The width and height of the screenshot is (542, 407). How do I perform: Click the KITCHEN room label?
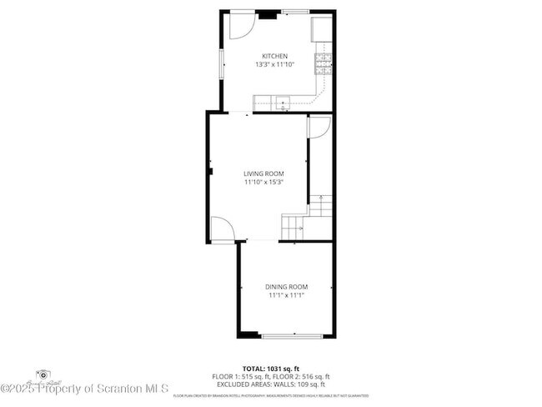(274, 57)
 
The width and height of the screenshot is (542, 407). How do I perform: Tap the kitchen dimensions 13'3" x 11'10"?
(274, 65)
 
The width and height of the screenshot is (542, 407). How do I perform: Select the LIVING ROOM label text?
(263, 173)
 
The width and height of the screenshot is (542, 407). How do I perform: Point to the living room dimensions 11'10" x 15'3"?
(263, 182)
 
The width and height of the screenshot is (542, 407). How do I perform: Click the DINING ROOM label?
(287, 287)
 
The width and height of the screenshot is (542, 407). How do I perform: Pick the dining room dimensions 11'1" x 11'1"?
(287, 295)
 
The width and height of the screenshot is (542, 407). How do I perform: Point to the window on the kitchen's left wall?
(221, 64)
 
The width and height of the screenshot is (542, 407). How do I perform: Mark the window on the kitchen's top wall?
(295, 11)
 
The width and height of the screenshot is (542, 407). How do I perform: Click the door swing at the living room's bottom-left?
(221, 229)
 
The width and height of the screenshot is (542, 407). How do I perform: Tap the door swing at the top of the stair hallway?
(318, 127)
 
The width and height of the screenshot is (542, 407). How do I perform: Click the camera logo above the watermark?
(43, 375)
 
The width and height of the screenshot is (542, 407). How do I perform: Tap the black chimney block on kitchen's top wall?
(267, 13)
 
